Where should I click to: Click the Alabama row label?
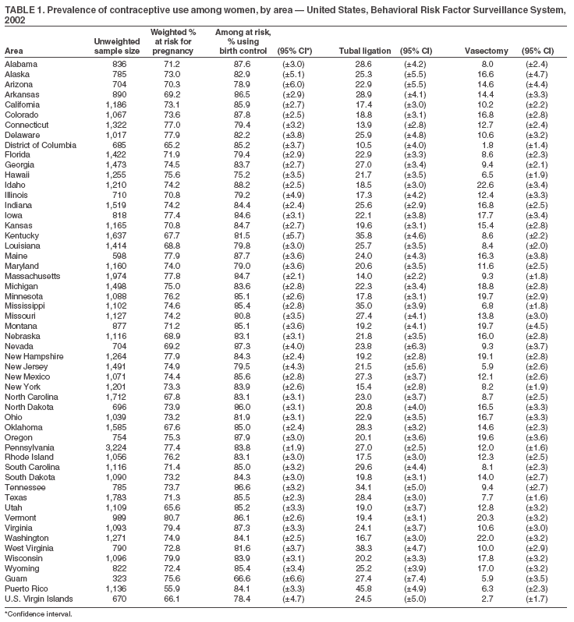(21, 63)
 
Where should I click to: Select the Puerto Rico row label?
(26, 588)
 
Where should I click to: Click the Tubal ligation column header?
(366, 51)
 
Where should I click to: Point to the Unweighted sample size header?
(116, 45)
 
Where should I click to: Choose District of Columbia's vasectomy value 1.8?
(491, 144)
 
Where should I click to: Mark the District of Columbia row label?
(41, 144)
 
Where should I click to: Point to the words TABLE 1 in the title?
(23, 8)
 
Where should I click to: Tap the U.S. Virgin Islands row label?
(39, 599)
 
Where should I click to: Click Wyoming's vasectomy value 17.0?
(488, 568)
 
